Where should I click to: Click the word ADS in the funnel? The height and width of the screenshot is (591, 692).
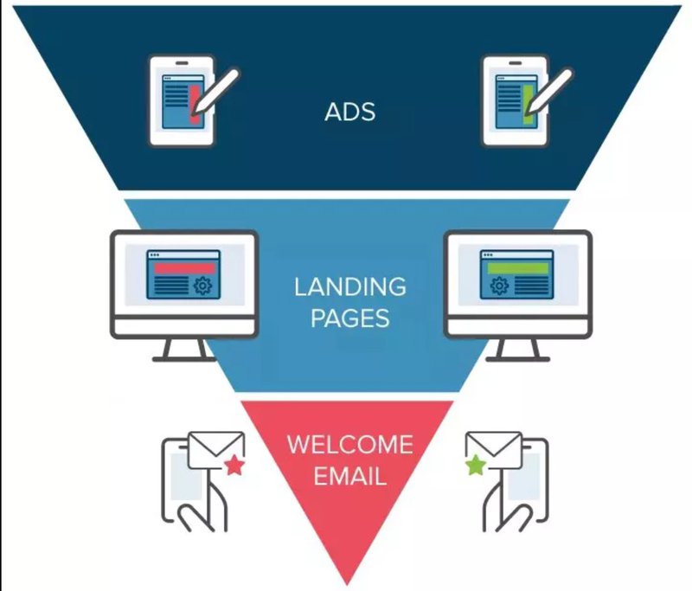pos(350,112)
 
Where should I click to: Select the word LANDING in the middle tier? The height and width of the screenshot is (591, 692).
pos(350,287)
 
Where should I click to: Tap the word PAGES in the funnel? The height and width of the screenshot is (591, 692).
pos(350,318)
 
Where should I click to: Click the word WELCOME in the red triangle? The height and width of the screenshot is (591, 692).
pos(350,444)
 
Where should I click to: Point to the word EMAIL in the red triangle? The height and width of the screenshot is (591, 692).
pos(350,476)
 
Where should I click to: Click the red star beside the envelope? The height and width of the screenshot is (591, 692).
pos(234,466)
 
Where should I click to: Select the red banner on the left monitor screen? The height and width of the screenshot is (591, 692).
pos(184,268)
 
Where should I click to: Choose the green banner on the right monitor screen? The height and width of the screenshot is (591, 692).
pos(517,268)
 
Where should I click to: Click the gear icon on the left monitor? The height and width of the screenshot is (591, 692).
pos(202,286)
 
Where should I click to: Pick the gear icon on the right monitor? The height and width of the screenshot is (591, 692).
pos(500,286)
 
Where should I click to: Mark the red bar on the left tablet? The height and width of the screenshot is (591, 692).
pos(194,104)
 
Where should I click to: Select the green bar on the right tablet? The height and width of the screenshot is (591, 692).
pos(528,104)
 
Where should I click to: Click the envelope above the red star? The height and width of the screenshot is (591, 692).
pos(216,450)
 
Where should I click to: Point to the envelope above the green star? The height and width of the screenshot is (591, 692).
pos(494,450)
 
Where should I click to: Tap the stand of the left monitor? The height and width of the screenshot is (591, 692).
pos(184,350)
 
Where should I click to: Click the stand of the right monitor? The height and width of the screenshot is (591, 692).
pos(517,350)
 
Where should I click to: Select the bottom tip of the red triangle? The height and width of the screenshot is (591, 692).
pos(347,586)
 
